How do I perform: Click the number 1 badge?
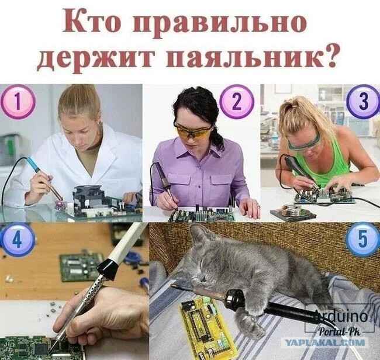18,102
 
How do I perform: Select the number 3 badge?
363,102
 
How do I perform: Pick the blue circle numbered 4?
17,240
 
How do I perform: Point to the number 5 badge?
363,240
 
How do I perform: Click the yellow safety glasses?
192,131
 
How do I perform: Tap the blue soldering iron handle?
33,164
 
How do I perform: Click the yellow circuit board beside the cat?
207,325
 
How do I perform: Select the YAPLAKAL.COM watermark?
324,342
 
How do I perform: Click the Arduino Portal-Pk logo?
340,319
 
